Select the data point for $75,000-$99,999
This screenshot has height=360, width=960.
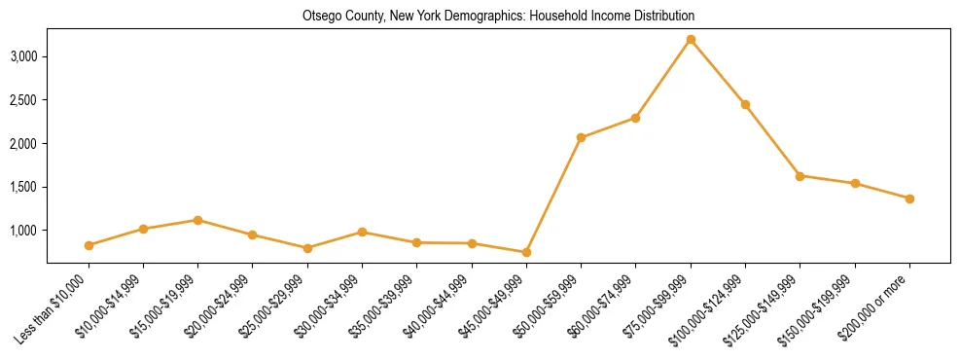[691, 40]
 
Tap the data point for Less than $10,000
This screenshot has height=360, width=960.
[89, 245]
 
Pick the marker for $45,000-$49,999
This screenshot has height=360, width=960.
[526, 252]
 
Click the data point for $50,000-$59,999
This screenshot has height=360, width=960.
[581, 137]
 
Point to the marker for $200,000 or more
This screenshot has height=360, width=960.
[909, 198]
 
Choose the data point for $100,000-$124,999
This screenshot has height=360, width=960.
[745, 104]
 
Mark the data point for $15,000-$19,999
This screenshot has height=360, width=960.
[198, 220]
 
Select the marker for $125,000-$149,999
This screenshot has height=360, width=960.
[800, 176]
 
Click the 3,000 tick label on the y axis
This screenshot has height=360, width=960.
[23, 56]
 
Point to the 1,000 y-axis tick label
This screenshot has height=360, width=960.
[23, 231]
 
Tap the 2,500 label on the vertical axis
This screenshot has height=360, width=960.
[23, 100]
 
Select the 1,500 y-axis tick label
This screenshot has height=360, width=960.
[23, 187]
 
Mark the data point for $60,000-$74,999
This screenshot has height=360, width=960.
[635, 118]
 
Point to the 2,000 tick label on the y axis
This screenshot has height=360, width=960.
[23, 144]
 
